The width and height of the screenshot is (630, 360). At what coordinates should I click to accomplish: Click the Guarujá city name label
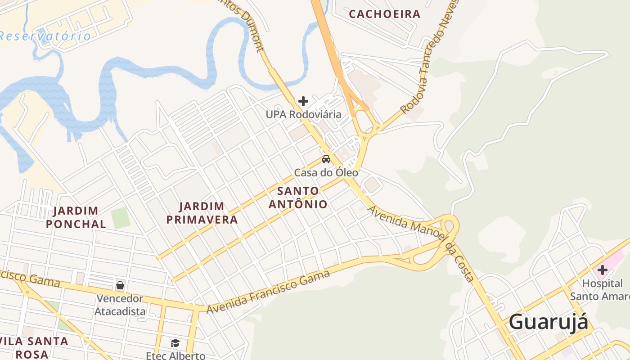(x=548, y=322)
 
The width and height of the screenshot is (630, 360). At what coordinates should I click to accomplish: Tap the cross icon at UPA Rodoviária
(x=303, y=101)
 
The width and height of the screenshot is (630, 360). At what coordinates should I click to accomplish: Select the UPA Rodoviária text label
(x=303, y=114)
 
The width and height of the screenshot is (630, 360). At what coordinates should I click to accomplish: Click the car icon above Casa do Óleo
(x=326, y=159)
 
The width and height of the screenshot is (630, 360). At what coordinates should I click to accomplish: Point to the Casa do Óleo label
(x=326, y=172)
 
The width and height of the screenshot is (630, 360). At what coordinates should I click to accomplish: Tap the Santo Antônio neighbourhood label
(x=298, y=197)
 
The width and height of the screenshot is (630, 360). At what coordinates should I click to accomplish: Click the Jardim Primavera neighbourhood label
(x=202, y=213)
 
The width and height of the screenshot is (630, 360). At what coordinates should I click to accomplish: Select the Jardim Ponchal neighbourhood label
(x=76, y=217)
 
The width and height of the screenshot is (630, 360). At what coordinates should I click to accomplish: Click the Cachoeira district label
(x=385, y=14)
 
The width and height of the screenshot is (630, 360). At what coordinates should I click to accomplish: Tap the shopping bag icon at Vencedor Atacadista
(x=120, y=285)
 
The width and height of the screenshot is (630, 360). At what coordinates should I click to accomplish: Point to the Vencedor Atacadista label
(x=120, y=305)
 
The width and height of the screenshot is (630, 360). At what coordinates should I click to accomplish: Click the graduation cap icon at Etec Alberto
(x=175, y=343)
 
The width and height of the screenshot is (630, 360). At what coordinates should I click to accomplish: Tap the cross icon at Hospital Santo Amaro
(x=602, y=270)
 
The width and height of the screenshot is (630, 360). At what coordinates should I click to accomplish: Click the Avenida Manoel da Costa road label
(x=421, y=243)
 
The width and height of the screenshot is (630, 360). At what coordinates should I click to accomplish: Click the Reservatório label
(x=45, y=36)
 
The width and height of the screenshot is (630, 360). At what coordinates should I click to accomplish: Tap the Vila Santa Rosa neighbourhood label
(x=34, y=347)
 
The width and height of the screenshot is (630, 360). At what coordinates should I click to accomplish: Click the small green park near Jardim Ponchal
(x=120, y=218)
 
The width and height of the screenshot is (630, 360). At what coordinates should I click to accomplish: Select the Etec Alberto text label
(x=175, y=355)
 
